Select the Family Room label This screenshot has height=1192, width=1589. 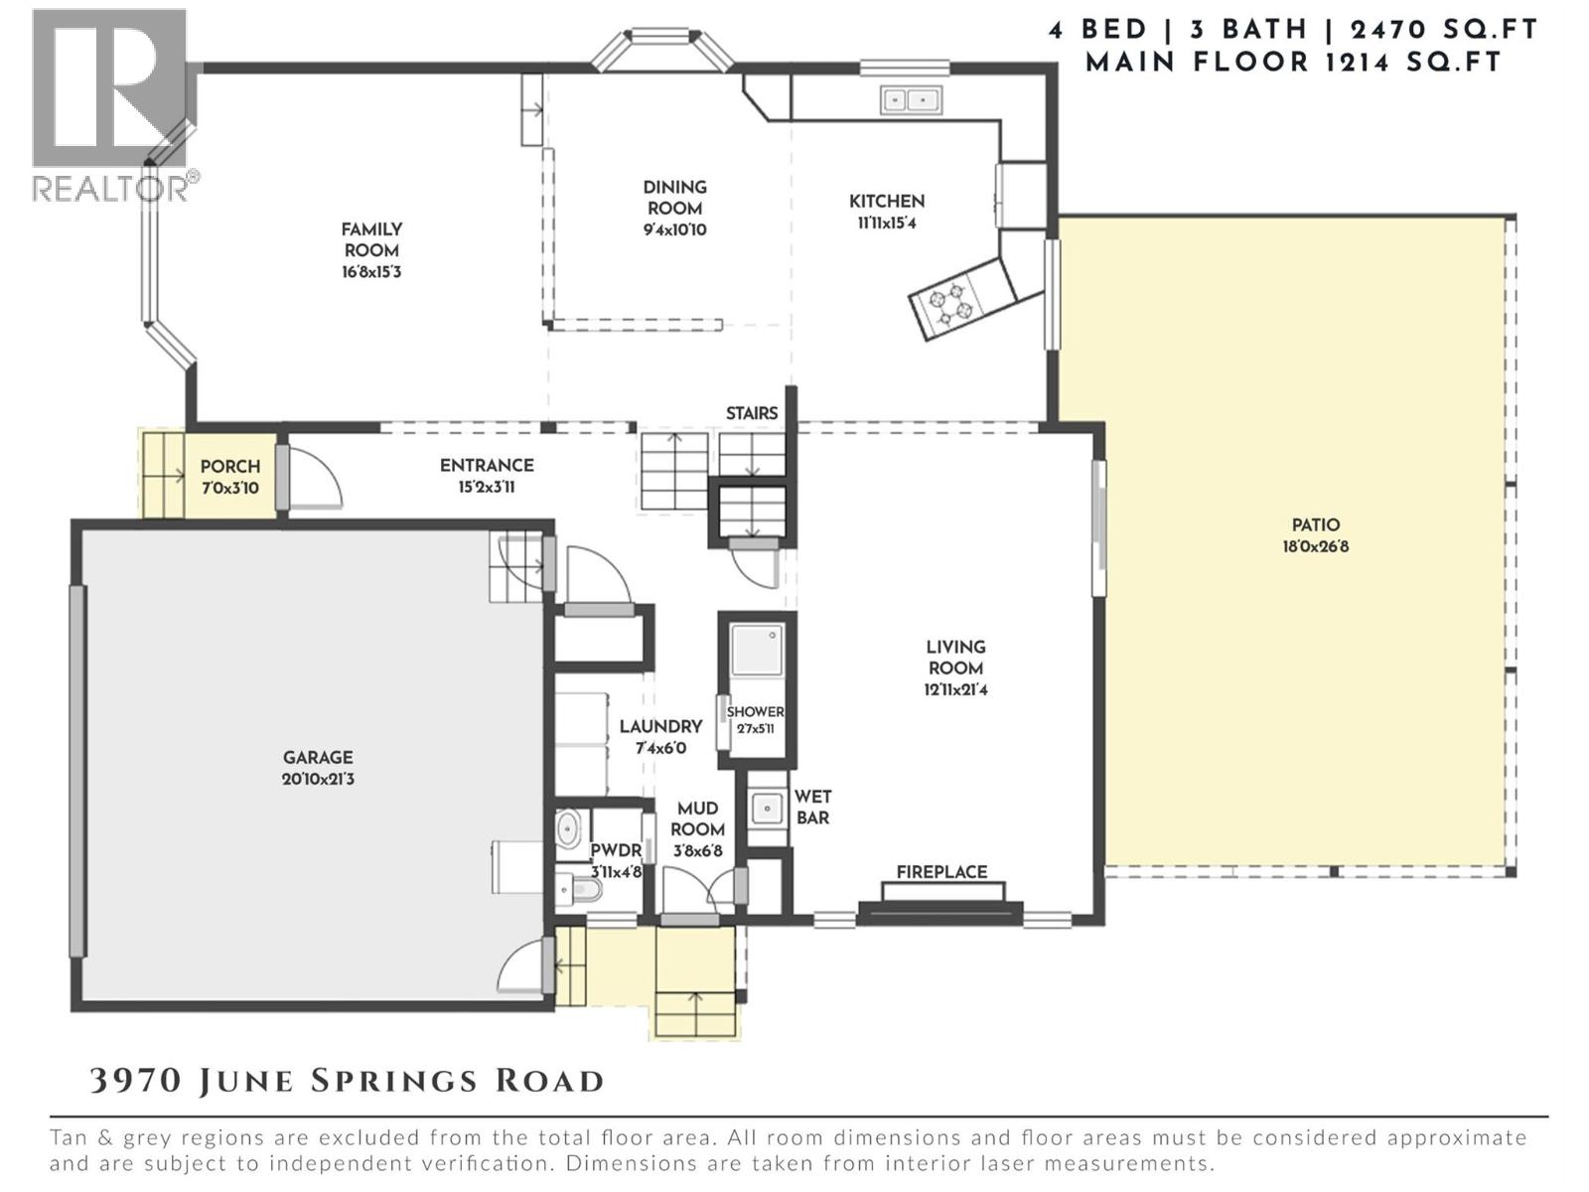click(x=371, y=239)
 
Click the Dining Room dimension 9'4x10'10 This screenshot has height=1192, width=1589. click(x=674, y=229)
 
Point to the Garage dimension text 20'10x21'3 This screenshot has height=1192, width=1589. click(x=318, y=779)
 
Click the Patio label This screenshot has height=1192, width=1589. click(x=1315, y=524)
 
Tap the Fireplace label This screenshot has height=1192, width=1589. click(x=940, y=871)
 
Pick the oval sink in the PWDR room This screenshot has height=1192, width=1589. click(x=568, y=828)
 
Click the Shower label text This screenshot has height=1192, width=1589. click(x=755, y=711)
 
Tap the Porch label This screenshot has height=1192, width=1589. click(x=229, y=466)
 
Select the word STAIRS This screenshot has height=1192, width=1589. click(x=751, y=412)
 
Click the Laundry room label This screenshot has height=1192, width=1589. click(x=660, y=726)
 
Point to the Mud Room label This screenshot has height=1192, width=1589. click(x=697, y=819)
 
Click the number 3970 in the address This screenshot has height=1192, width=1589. click(x=136, y=1081)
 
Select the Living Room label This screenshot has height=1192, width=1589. click(x=955, y=657)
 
